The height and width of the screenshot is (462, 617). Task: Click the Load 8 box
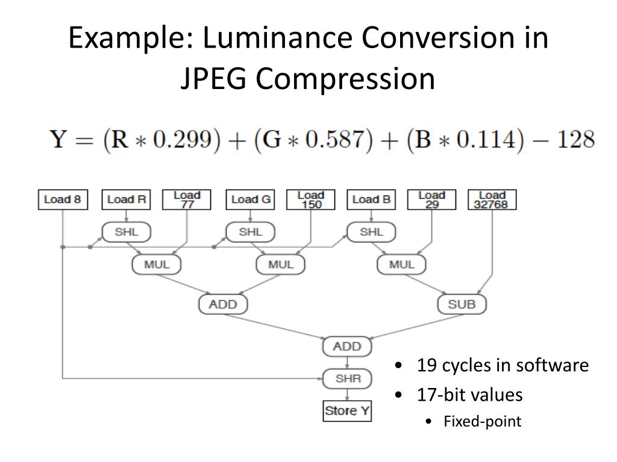63,200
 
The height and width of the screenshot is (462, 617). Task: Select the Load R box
127,200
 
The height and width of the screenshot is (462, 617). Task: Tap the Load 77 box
187,200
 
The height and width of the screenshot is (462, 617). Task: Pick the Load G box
251,200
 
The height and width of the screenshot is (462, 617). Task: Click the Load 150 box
310,200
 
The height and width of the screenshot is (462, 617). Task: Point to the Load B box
371,200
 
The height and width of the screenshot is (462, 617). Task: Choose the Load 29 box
431,200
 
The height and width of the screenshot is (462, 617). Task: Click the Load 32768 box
492,200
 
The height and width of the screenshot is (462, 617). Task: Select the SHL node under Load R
126,232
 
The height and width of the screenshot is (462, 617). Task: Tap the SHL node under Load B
371,232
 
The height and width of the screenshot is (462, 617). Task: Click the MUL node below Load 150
280,265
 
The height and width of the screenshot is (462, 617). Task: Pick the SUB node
462,304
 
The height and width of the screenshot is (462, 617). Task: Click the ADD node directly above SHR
347,346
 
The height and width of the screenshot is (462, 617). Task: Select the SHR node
347,379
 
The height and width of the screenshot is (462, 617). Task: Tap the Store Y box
347,411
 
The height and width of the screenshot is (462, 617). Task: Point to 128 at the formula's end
575,140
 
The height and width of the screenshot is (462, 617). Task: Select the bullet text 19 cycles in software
503,365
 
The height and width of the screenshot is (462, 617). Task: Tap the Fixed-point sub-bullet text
482,421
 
